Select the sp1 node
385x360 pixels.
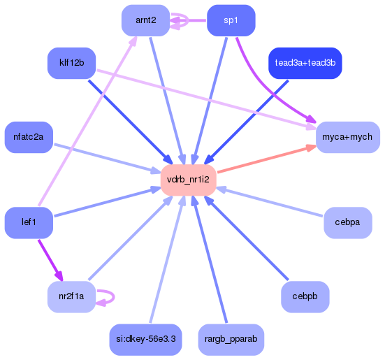(231, 20)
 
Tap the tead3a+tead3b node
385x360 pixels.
(305, 63)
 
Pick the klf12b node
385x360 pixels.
(71, 63)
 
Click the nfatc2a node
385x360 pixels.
(28, 137)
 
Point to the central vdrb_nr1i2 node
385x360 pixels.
(188, 180)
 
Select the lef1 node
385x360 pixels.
(28, 222)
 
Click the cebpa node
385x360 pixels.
(347, 222)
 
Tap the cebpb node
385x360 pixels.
(305, 296)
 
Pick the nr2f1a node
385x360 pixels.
(71, 296)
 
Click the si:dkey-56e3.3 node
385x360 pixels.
(145, 339)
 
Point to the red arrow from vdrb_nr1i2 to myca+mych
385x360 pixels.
(266, 159)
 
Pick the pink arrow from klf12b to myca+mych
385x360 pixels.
(210, 98)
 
